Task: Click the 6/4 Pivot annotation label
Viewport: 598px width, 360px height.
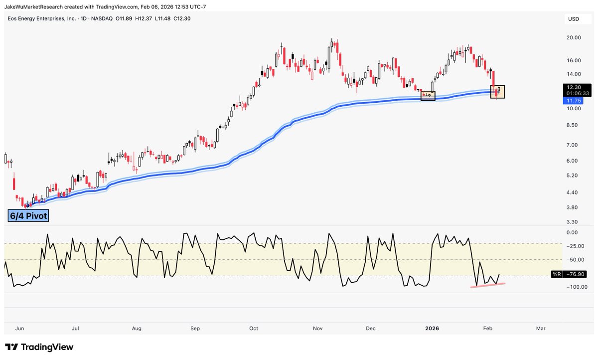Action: point(28,215)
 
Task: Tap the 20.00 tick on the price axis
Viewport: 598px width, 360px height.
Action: point(574,37)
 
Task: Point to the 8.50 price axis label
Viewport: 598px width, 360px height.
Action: point(572,125)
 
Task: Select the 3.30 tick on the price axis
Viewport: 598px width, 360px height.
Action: point(572,221)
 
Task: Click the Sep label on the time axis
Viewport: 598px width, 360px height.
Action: point(195,329)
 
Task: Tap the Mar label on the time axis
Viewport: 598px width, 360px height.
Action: point(540,329)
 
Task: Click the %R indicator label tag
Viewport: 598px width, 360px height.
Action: point(556,275)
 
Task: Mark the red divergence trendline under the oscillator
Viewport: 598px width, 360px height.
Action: point(488,285)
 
